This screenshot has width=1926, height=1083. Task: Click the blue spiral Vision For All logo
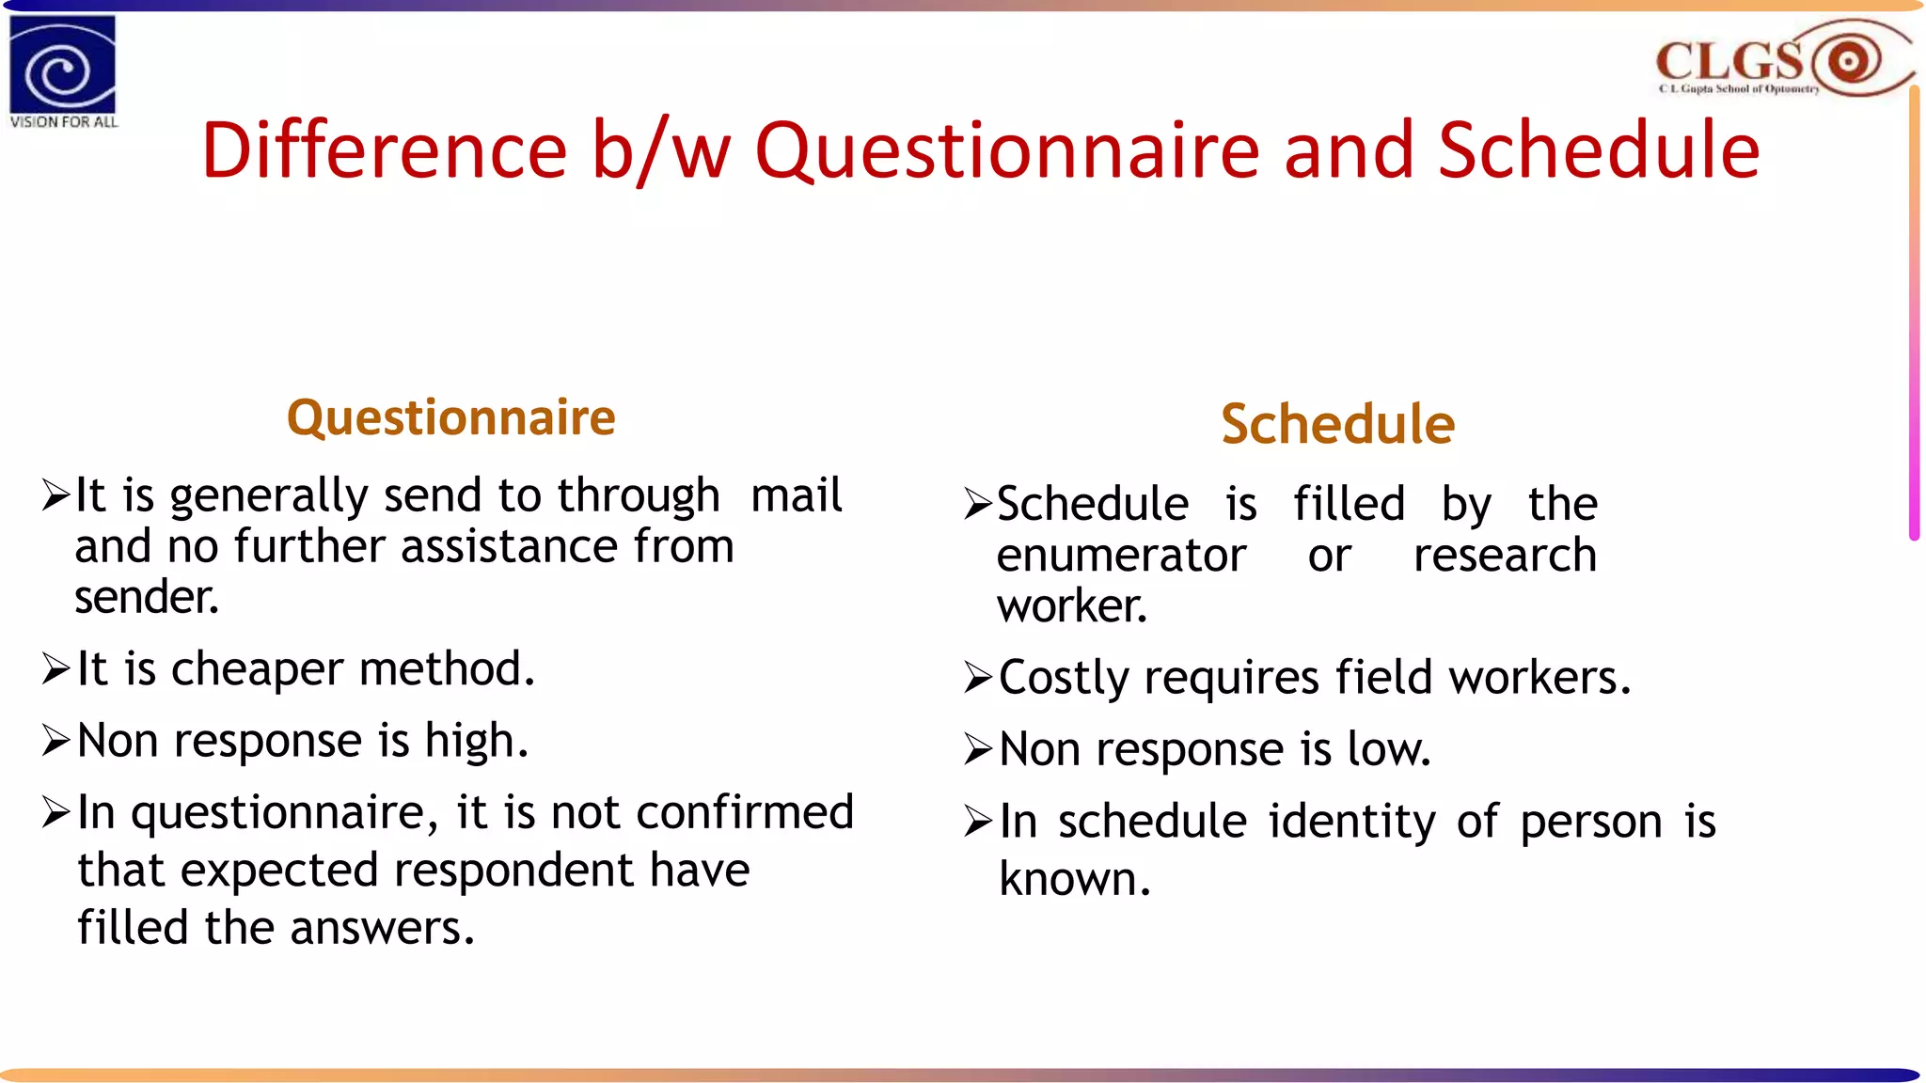(62, 66)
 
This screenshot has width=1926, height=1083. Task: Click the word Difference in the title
(384, 150)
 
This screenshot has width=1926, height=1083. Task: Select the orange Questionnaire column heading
(450, 417)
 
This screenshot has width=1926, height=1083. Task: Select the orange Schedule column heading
(1337, 424)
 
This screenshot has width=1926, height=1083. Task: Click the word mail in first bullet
(796, 495)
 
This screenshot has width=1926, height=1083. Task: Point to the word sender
(146, 598)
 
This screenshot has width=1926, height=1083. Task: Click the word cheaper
(257, 669)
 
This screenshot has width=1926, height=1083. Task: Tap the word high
(476, 741)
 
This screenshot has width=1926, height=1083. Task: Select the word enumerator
(1121, 556)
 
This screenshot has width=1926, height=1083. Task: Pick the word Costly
(1064, 679)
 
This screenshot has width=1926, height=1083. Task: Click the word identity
(1351, 822)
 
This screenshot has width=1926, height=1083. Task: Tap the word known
(1074, 880)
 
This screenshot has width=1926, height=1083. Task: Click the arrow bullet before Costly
(977, 678)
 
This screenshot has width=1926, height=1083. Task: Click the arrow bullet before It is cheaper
(55, 669)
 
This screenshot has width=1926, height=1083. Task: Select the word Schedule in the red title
(1598, 150)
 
